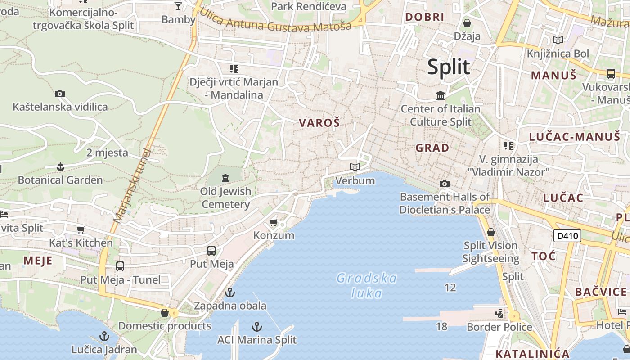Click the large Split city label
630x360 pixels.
point(448,67)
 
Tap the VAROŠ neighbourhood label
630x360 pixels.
point(319,123)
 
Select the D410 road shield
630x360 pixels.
point(567,236)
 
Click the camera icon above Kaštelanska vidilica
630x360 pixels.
point(60,94)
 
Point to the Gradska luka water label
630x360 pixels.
point(367,286)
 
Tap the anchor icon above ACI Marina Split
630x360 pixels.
point(257,326)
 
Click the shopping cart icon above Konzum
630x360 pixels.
point(273,223)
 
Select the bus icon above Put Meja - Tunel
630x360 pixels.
point(120,266)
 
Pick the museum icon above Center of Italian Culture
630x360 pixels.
point(441,96)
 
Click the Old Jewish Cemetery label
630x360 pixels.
point(225,198)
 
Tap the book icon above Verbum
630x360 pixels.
point(355,167)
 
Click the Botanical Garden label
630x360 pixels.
point(60,180)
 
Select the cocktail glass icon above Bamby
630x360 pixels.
point(178,6)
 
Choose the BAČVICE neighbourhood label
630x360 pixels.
point(601,292)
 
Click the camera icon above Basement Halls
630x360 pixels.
point(445,184)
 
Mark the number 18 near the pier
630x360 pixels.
point(442,326)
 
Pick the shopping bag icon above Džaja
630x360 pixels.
point(467,23)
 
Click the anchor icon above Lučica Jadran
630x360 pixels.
point(104,336)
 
